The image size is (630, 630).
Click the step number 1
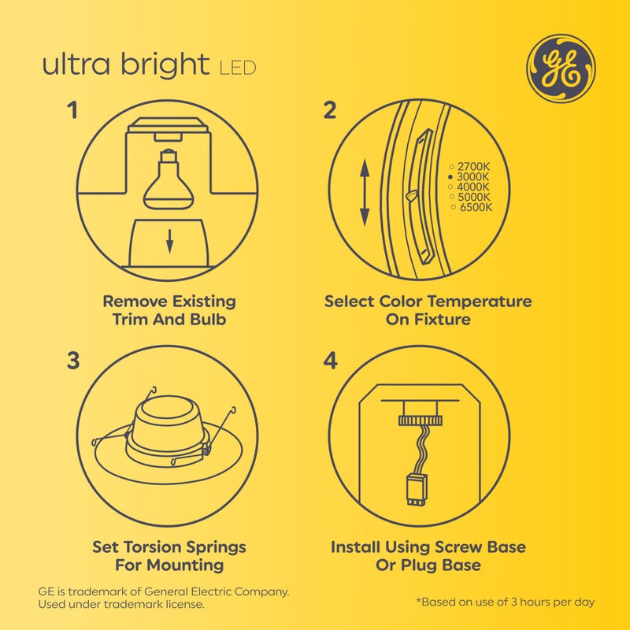[73, 110]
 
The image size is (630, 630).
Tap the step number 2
[330, 110]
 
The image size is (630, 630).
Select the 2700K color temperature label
[472, 167]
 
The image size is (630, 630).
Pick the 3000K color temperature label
[472, 178]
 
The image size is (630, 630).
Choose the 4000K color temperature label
[472, 187]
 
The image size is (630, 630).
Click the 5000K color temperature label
[472, 197]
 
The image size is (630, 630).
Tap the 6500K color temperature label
[475, 207]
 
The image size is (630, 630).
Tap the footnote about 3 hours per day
[505, 602]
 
